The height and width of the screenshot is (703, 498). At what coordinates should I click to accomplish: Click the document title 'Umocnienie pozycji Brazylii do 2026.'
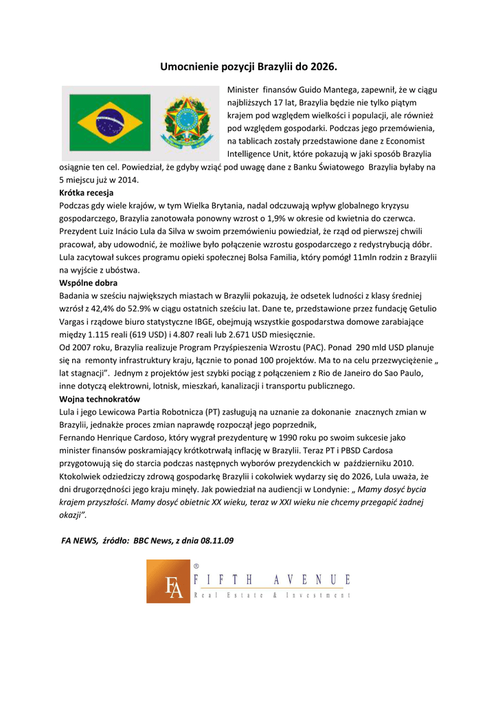tap(249, 67)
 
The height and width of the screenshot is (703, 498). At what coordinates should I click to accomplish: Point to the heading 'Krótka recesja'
tap(87, 193)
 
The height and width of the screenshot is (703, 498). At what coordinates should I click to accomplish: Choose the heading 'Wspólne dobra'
tap(89, 283)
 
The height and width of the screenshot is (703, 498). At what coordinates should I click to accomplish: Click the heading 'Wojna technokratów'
tap(100, 399)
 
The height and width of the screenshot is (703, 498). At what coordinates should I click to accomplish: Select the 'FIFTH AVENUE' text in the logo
tap(273, 580)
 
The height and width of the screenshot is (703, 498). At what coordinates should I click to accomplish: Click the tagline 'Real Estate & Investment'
tap(273, 596)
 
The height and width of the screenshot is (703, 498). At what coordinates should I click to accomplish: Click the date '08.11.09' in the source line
tap(218, 540)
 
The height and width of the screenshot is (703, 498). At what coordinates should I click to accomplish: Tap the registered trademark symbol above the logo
tap(196, 565)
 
